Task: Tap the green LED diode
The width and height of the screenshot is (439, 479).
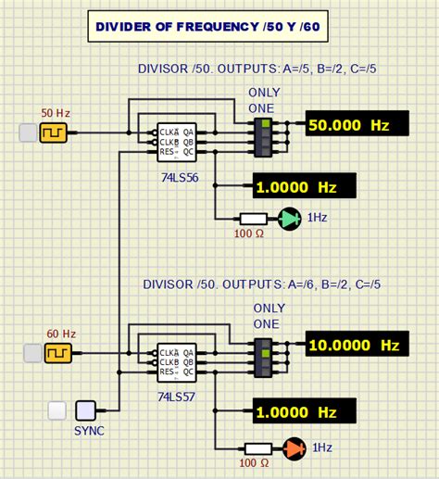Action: click(x=291, y=220)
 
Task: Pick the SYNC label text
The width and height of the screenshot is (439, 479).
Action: click(x=89, y=431)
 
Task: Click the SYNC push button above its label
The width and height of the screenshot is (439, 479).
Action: click(x=87, y=410)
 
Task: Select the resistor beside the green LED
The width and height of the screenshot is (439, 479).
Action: click(x=254, y=220)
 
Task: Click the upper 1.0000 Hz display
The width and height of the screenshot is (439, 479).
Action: click(x=303, y=185)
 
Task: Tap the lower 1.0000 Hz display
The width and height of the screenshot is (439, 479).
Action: click(x=303, y=410)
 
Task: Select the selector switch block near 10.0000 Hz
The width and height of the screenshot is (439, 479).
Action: click(x=266, y=357)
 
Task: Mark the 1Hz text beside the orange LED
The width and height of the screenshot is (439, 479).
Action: click(x=323, y=447)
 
